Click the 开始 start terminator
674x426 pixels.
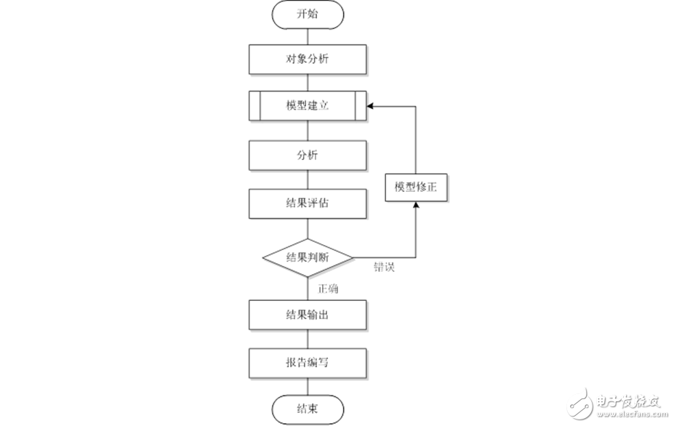[x=307, y=14]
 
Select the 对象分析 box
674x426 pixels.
[x=307, y=59]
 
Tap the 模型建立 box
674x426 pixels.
[x=307, y=106]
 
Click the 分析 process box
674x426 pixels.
[x=307, y=155]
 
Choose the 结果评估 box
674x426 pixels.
[x=307, y=203]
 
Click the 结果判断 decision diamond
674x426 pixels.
[x=307, y=257]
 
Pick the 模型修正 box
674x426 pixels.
[x=417, y=187]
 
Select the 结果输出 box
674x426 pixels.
[x=307, y=314]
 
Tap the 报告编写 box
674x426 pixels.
[x=307, y=361]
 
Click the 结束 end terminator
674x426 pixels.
[x=307, y=408]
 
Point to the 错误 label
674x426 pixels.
[x=384, y=267]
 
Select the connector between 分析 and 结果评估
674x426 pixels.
[x=307, y=179]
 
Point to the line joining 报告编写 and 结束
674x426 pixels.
[x=307, y=385]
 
